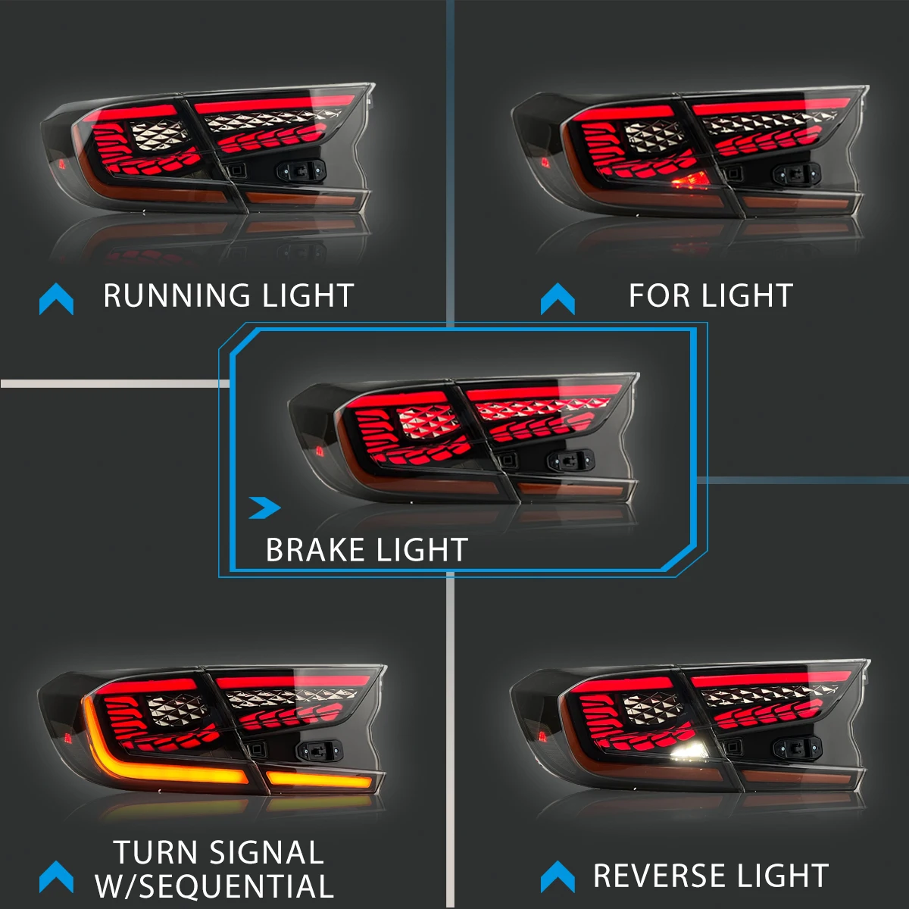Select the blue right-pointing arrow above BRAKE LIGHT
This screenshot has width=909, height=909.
pos(266,508)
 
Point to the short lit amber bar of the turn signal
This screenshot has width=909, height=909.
pos(318,779)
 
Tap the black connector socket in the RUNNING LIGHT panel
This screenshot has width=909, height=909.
pos(302,170)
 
